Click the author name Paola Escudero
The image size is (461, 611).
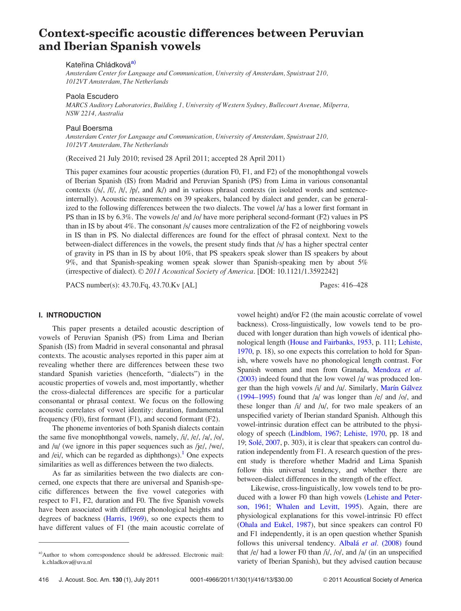point(92,96)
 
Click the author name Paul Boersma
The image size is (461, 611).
point(89,128)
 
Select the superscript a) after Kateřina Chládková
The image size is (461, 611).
point(133,62)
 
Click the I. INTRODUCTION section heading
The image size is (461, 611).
point(70,315)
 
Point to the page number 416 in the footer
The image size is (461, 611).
point(43,580)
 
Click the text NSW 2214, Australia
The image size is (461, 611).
point(94,113)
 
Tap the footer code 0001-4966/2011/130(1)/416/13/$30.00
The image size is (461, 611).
point(241,580)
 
